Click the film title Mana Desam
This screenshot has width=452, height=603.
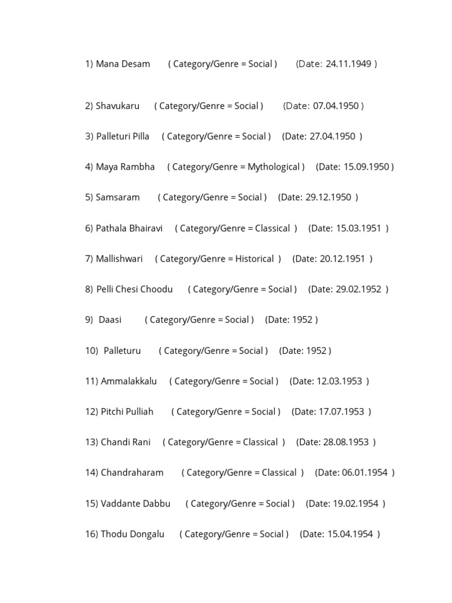coord(122,64)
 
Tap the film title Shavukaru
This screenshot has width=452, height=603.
coord(118,106)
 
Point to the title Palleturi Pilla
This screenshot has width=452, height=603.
coord(122,137)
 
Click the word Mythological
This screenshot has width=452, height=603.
coord(274,167)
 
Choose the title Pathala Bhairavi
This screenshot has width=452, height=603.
coord(129,228)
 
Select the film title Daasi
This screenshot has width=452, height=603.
coord(110,320)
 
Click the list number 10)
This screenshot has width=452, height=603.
coord(91,351)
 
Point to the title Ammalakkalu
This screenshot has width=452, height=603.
coord(129,381)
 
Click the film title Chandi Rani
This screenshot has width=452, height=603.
coord(125,442)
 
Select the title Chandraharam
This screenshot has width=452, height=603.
coord(132,473)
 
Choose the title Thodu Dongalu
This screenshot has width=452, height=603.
coord(132,534)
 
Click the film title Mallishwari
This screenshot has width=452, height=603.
coord(119,259)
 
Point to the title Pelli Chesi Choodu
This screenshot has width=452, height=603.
coord(134,289)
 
